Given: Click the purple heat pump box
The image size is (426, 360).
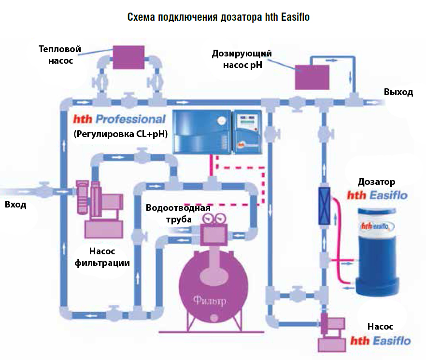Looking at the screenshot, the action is (128, 57).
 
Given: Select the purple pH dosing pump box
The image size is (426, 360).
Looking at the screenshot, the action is (312, 77).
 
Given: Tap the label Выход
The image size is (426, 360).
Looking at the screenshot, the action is (398, 92).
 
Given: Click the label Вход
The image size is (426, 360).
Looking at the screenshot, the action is (15, 204).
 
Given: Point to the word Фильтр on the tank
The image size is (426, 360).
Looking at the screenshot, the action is (210, 301).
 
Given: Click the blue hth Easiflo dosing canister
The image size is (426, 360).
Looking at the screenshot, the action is (377, 251).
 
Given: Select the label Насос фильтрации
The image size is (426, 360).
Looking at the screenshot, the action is (102, 257).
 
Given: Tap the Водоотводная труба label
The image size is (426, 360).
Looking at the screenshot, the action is (178, 213).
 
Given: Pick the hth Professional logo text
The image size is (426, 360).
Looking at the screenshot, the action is (119, 119).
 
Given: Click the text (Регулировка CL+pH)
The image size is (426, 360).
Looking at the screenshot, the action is (121, 134).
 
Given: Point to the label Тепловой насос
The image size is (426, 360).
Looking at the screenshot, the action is (60, 55).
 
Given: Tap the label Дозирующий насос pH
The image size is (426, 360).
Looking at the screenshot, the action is (242, 59).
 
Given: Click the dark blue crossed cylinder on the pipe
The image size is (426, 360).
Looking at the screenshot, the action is (325, 206).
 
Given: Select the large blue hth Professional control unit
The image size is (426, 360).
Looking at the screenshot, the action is (202, 131).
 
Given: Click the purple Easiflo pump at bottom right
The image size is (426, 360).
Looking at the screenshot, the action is (332, 332).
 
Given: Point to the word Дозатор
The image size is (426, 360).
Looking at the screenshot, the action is (377, 181).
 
